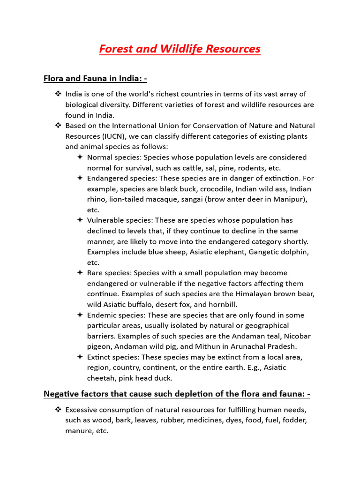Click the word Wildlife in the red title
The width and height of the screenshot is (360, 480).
coord(180,49)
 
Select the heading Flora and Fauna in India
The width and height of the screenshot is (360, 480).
coord(96,78)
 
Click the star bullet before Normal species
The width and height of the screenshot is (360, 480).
coord(80,157)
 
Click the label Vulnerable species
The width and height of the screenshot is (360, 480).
coord(120,220)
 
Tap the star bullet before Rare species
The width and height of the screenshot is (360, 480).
coord(80,273)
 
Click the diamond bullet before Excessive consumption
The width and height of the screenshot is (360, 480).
coord(58,409)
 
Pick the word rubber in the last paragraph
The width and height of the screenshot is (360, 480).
coord(171,420)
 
